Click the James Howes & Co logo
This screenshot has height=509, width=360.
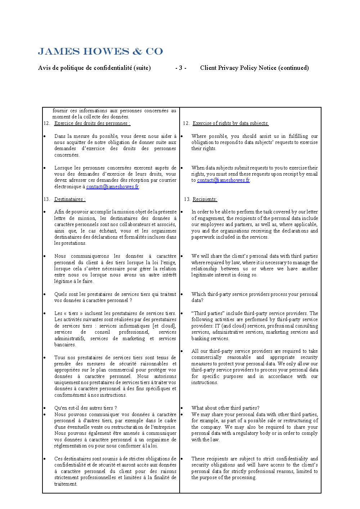[100, 51]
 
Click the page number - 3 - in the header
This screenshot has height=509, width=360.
[181, 68]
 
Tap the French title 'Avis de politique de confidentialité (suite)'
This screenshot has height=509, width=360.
[94, 68]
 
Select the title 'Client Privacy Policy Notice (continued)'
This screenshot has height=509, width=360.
[254, 68]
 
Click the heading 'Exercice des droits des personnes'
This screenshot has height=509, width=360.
[92, 123]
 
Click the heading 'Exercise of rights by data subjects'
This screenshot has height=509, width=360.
[230, 123]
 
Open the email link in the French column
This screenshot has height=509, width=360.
[112, 187]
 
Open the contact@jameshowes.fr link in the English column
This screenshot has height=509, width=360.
[223, 180]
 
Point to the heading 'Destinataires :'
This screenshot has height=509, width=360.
[70, 199]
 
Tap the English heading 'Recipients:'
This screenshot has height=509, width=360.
[205, 199]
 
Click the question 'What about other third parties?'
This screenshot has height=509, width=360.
[225, 408]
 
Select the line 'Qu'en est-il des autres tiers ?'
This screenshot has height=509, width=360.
[86, 408]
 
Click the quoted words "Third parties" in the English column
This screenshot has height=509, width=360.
[206, 314]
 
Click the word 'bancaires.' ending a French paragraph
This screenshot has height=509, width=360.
[65, 345]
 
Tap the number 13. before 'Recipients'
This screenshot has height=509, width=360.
[187, 199]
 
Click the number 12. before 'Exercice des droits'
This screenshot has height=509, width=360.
[47, 123]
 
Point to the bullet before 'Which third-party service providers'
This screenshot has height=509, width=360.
[182, 294]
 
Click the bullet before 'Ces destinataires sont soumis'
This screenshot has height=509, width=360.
[45, 459]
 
